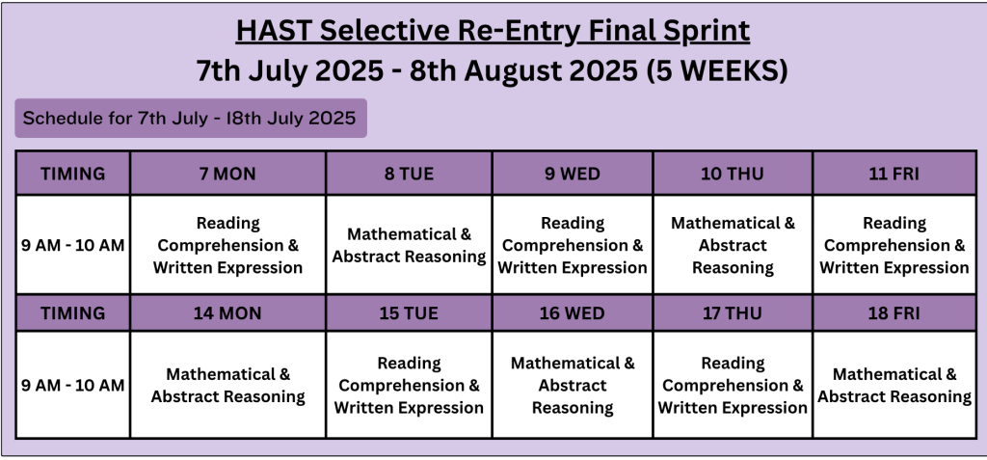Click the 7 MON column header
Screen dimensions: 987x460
[227, 174]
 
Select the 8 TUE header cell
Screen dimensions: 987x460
[409, 174]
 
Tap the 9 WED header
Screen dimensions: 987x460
[573, 174]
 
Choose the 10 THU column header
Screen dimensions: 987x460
[733, 174]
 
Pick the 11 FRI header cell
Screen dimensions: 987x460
[894, 174]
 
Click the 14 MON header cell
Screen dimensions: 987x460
[227, 313]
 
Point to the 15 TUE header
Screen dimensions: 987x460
[409, 313]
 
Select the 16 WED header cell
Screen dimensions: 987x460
[573, 313]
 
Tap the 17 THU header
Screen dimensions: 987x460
[733, 313]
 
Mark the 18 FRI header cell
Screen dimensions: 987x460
[894, 313]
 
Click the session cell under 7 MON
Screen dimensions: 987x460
[227, 245]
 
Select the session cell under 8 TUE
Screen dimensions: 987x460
[409, 245]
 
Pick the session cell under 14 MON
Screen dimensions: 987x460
[227, 385]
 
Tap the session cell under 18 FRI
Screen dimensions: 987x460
[894, 385]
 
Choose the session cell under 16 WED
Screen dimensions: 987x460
[573, 385]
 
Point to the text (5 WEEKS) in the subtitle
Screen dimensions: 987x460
[717, 70]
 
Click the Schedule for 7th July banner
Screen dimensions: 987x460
[191, 118]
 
